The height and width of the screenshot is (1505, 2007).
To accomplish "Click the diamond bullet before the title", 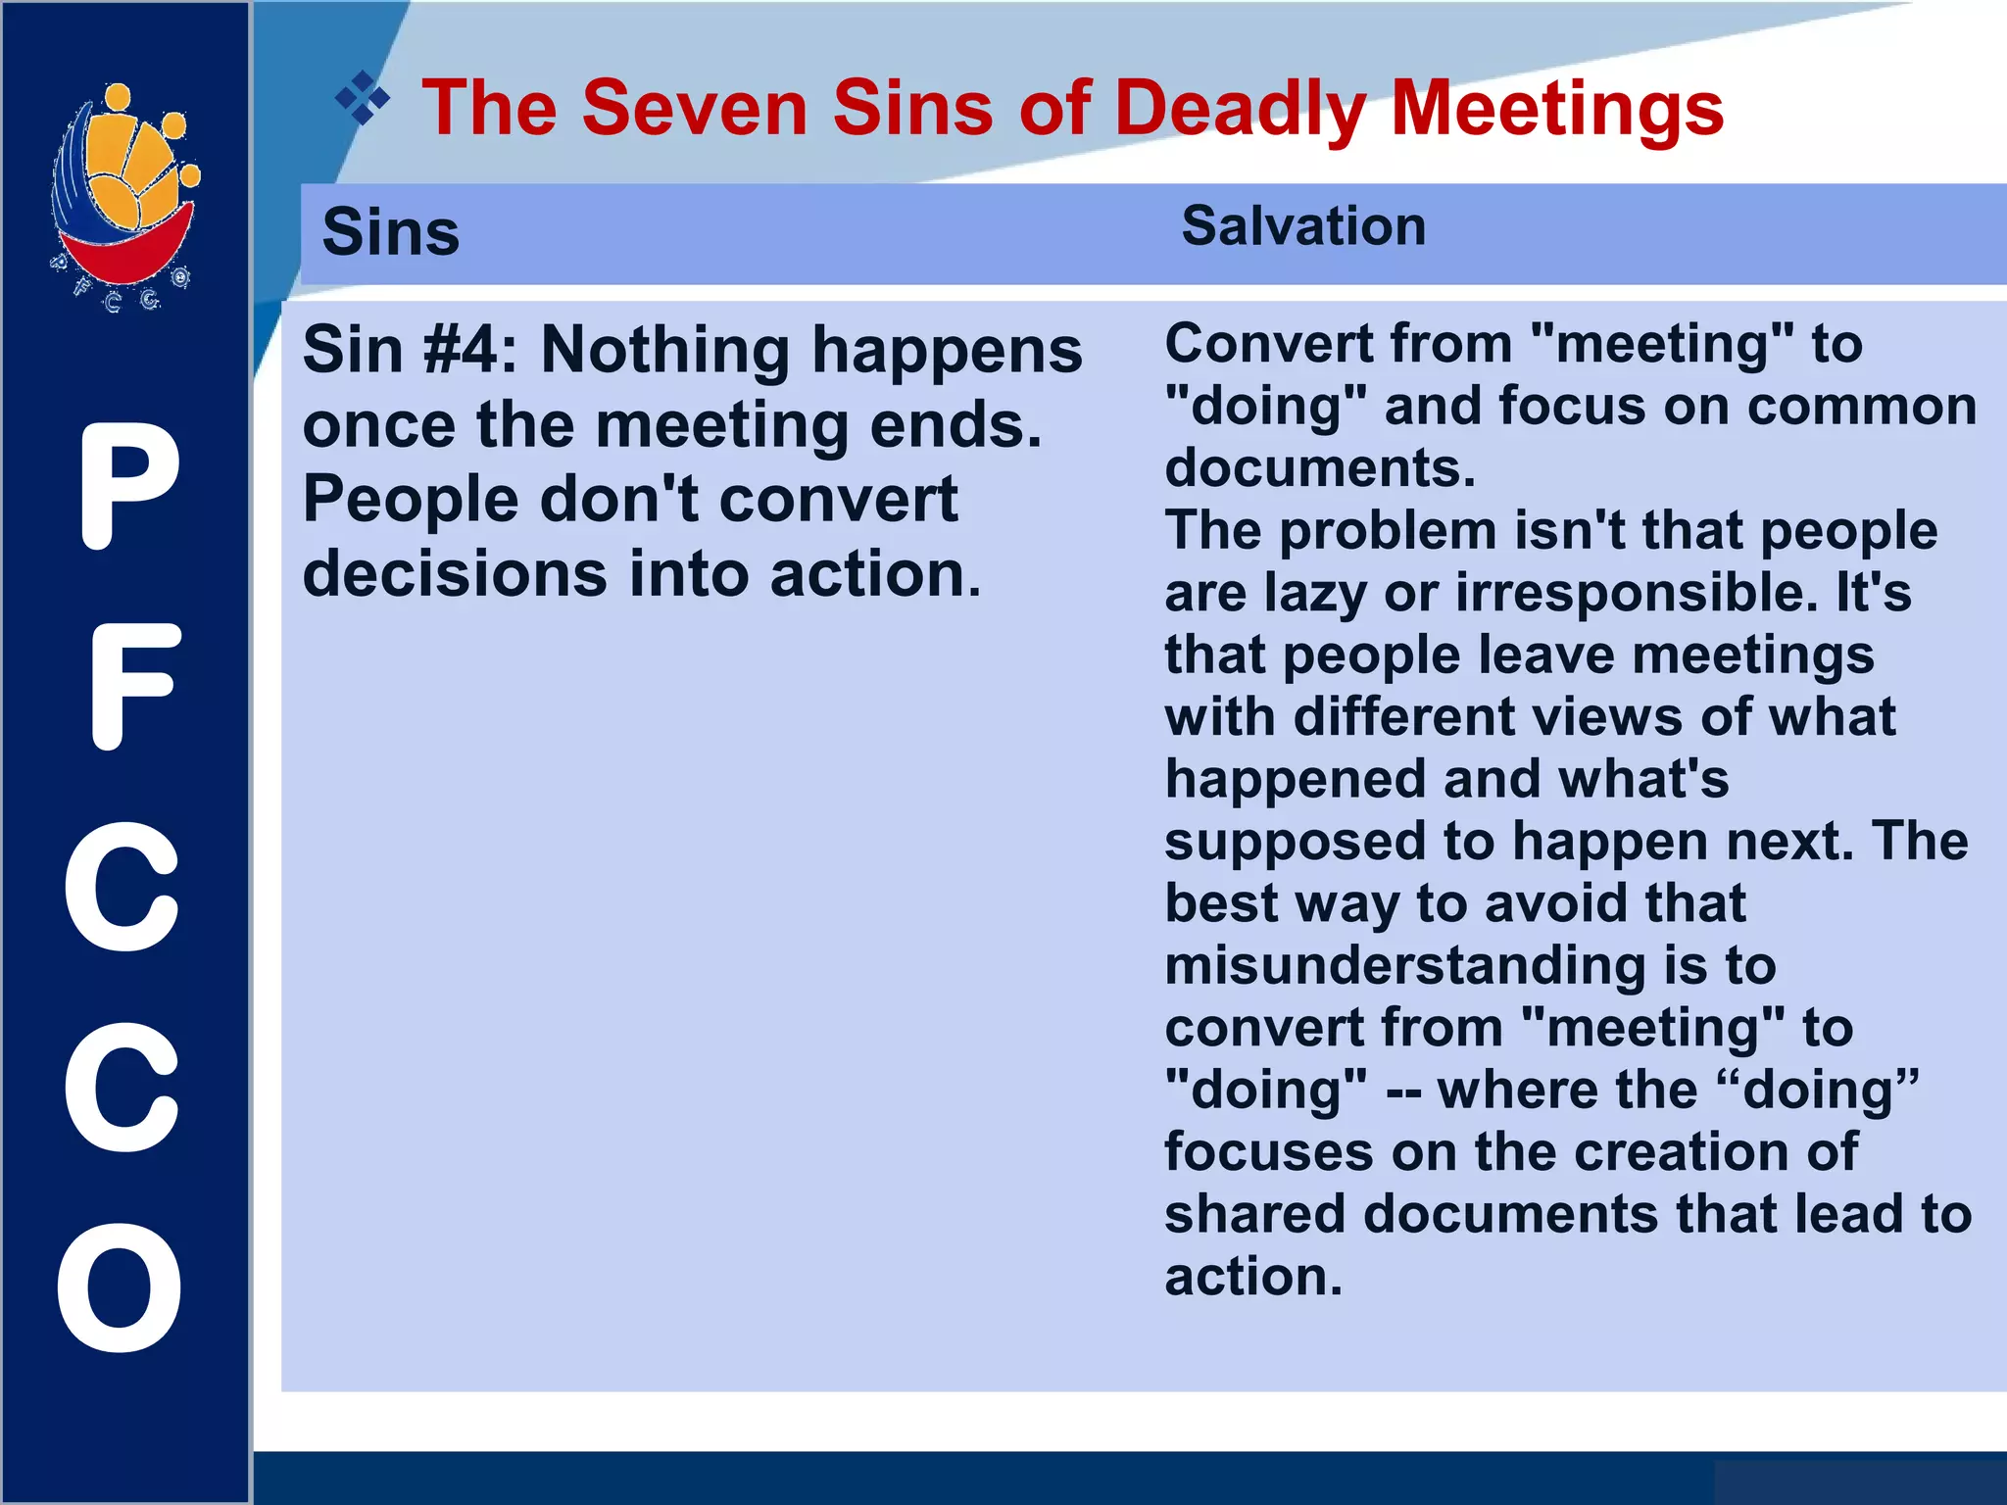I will click(362, 98).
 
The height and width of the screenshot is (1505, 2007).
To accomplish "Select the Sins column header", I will click(390, 233).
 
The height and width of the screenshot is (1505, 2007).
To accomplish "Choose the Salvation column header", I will click(1303, 227).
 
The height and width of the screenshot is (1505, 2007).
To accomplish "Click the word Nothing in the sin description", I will click(665, 350).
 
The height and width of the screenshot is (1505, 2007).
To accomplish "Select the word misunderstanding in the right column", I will click(1404, 966).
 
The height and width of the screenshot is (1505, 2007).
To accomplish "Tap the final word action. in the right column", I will click(1253, 1277).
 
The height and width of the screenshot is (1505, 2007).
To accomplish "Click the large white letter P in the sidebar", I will click(128, 486).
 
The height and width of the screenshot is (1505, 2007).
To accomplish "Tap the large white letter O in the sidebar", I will click(121, 1287).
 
